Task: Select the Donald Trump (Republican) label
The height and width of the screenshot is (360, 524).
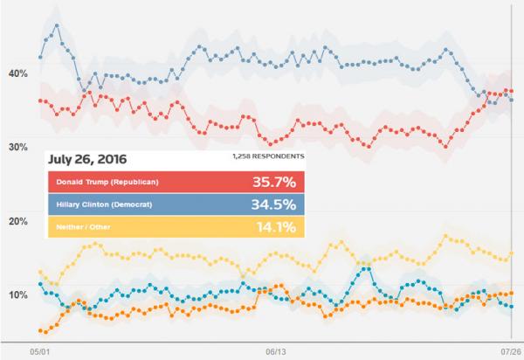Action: pos(106,182)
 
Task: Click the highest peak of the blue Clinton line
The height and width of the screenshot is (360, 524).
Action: pos(57,25)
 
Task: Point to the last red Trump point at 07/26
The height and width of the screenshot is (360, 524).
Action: pos(511,91)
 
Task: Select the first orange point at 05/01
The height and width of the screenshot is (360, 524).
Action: pos(40,331)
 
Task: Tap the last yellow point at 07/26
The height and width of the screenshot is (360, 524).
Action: pos(511,253)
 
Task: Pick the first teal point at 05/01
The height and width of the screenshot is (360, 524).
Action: pos(40,284)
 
